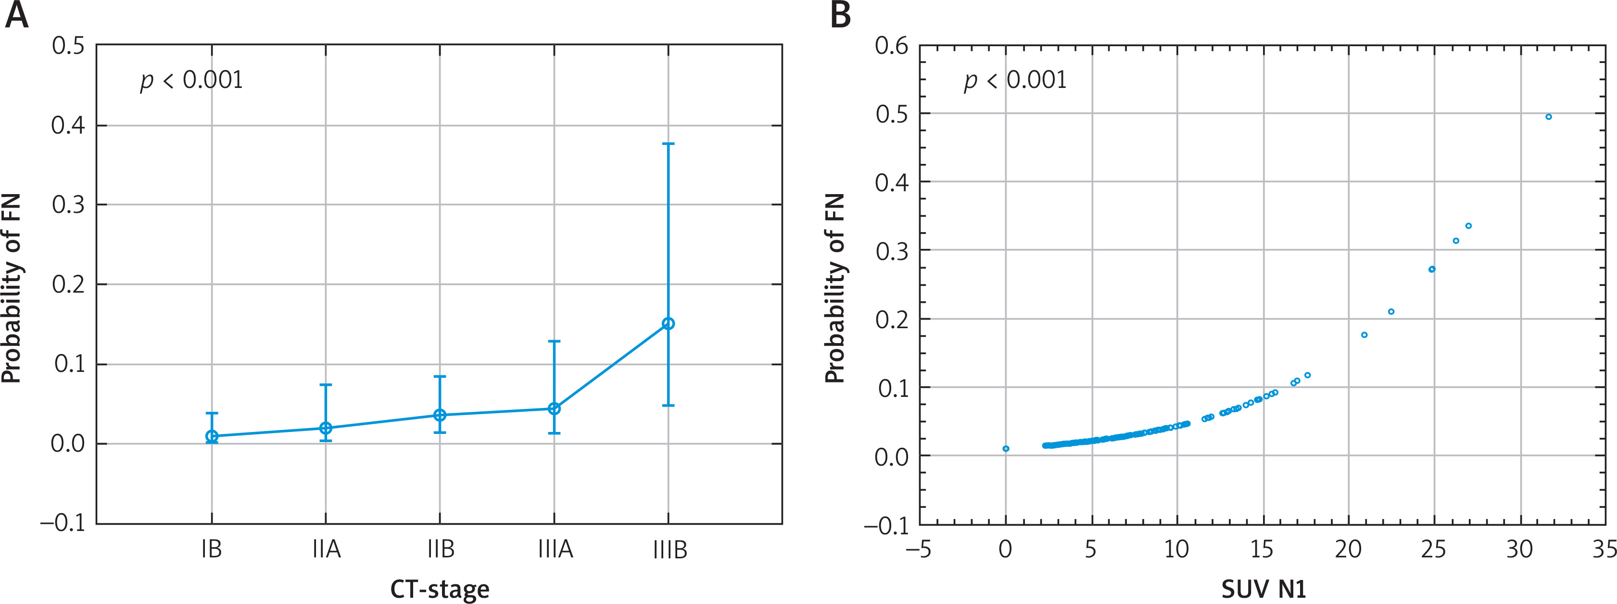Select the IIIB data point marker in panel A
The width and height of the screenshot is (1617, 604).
pos(668,324)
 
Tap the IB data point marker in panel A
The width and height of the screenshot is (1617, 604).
pos(212,436)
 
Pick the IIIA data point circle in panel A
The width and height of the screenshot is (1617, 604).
pos(554,409)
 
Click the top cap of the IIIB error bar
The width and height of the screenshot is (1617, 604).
pos(668,144)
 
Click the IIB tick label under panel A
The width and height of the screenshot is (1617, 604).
pos(440,549)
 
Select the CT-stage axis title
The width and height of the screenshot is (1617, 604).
pos(440,589)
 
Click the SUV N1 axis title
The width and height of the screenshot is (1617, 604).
pos(1263,589)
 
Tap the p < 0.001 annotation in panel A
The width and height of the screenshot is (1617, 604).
pos(191,80)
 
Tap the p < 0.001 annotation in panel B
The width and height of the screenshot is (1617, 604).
pos(1015,80)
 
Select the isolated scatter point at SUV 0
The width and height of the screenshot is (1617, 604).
pos(1006,448)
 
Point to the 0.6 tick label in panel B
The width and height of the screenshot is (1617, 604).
pos(891,46)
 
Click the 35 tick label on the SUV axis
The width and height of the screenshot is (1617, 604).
pos(1604,549)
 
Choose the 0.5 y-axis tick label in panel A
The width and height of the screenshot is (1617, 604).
pos(68,46)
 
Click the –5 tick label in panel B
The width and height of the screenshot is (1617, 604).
pos(918,549)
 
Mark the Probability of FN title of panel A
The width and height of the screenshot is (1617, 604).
pos(11,288)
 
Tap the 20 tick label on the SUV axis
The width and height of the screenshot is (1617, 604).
pos(1348,549)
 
